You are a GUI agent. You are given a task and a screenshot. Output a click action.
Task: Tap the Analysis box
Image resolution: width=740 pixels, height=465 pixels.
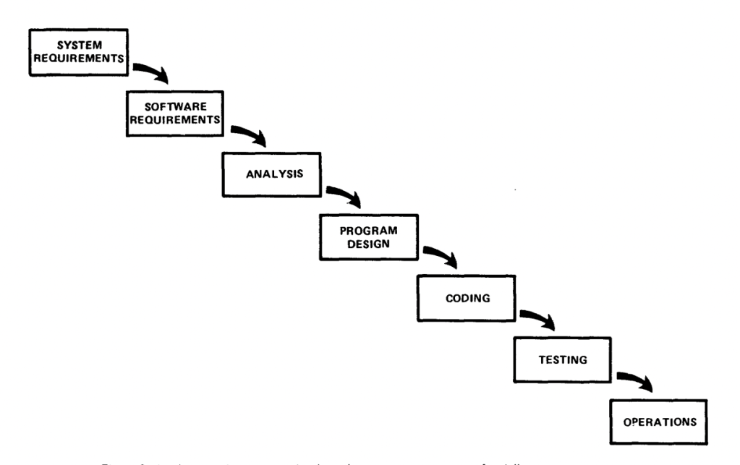[271, 174]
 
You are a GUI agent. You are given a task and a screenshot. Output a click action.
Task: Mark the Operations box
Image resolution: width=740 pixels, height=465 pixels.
[656, 419]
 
